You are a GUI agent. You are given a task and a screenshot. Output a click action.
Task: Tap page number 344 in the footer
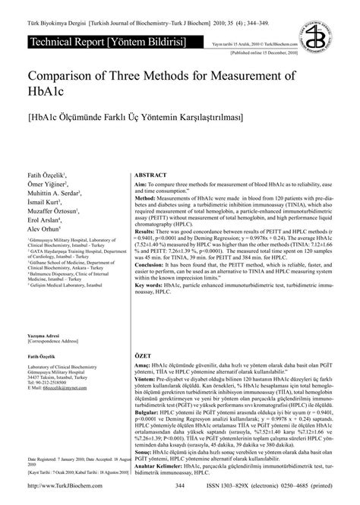click(180, 486)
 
